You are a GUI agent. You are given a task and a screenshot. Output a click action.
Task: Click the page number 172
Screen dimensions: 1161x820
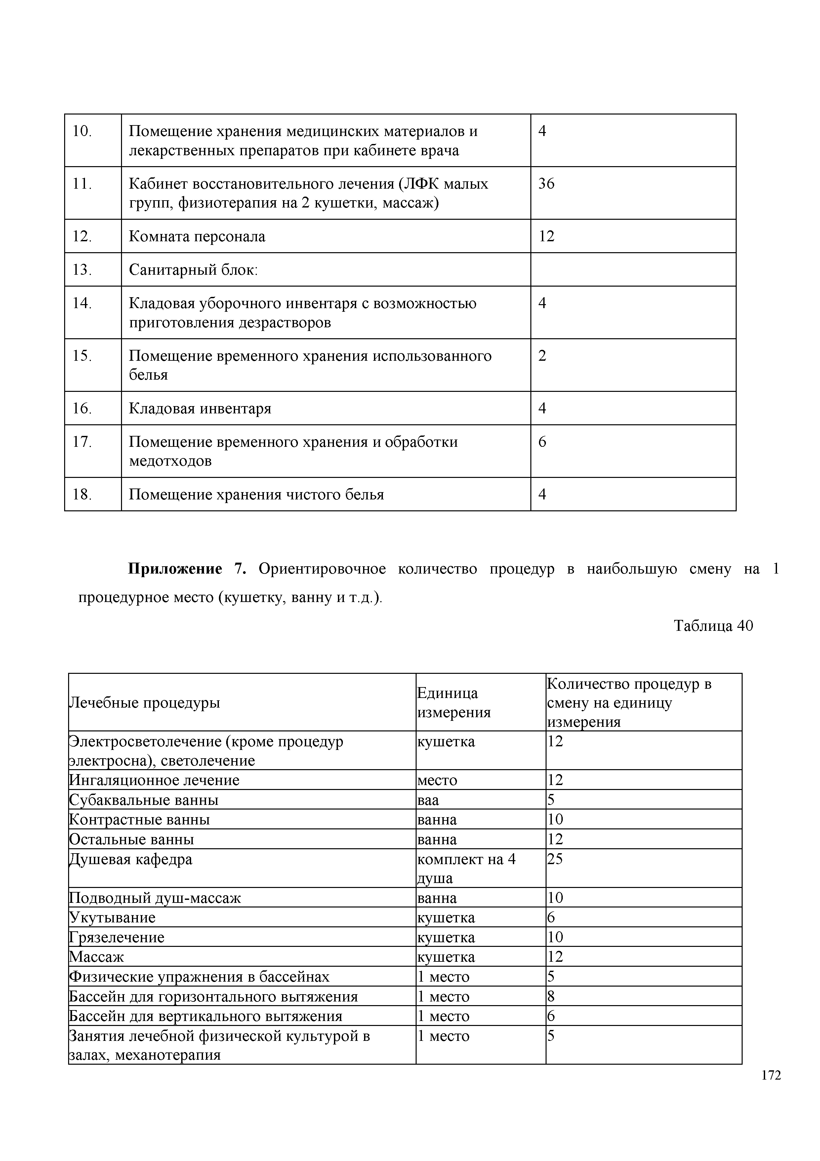771,1089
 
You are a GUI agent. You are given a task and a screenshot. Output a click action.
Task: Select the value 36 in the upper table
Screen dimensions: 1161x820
546,184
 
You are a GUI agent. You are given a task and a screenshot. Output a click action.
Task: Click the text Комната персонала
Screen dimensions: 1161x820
197,236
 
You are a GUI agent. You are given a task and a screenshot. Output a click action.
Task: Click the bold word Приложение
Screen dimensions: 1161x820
175,569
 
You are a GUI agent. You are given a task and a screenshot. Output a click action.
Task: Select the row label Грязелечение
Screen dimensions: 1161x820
117,937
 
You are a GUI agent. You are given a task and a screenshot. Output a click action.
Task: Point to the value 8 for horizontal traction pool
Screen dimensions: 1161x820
551,996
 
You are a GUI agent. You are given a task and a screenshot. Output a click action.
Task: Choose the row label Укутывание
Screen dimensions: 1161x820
112,917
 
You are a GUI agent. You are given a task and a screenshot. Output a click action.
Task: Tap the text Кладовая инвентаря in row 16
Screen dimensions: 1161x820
200,408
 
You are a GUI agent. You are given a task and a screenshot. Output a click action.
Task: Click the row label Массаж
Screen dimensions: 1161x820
97,957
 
